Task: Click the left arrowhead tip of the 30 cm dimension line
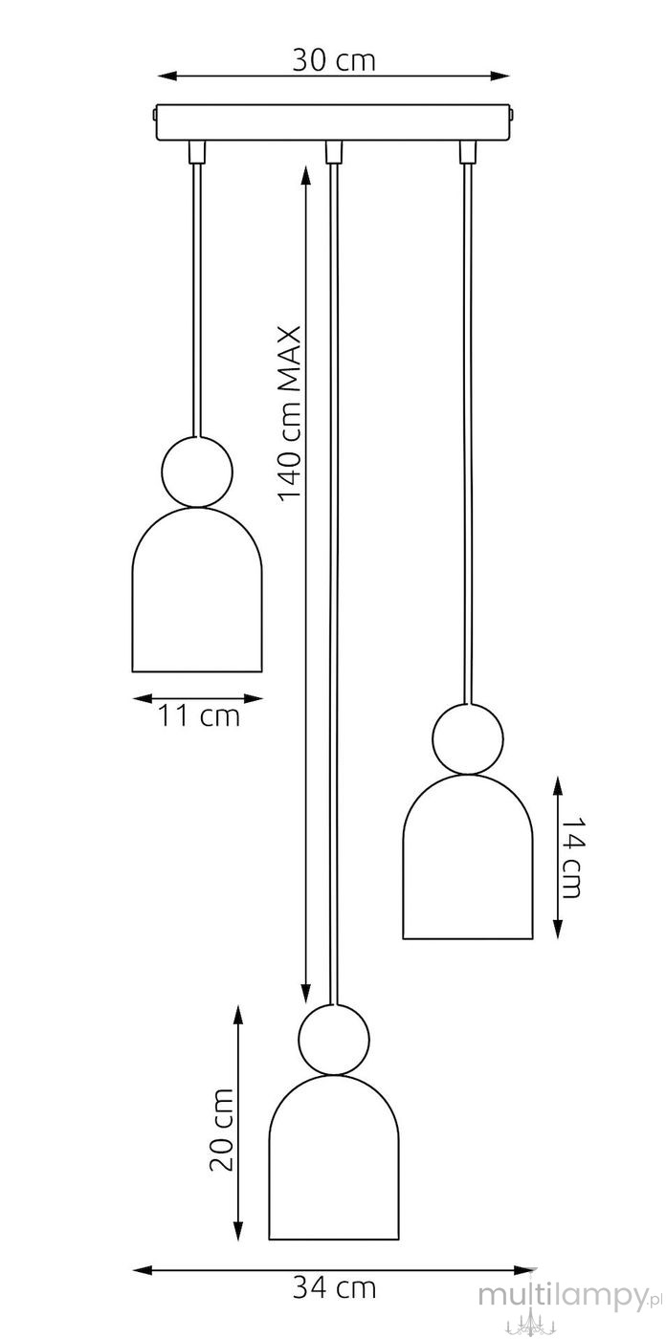[x=159, y=76]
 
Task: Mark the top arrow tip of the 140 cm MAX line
[x=305, y=167]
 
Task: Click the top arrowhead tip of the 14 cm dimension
[x=558, y=777]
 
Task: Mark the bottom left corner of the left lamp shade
[x=132, y=671]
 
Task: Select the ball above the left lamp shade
[x=197, y=472]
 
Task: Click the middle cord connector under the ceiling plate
[x=334, y=152]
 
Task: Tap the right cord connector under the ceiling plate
[x=468, y=152]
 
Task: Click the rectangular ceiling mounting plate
[x=334, y=123]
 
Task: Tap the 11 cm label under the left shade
[x=198, y=715]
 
